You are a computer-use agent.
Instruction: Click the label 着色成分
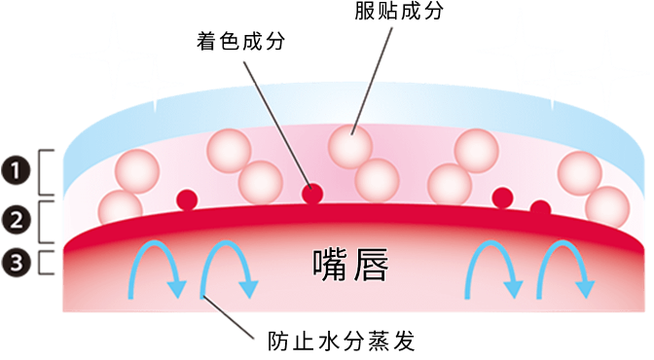(x=240, y=41)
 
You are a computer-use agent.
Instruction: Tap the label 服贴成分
(x=399, y=11)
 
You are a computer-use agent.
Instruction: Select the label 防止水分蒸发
(x=342, y=342)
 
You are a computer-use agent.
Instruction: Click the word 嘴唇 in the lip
(x=350, y=265)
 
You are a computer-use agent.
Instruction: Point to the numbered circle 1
(x=16, y=171)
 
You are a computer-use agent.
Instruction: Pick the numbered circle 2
(x=16, y=220)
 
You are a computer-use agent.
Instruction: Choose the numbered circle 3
(x=16, y=263)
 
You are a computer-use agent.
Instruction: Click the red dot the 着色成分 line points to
(x=312, y=194)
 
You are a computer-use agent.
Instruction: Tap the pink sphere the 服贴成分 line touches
(x=350, y=147)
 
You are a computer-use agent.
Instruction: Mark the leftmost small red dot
(x=187, y=199)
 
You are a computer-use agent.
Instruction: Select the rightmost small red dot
(x=540, y=208)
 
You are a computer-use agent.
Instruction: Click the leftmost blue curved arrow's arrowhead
(x=177, y=290)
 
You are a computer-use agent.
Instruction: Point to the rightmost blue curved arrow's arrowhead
(x=585, y=290)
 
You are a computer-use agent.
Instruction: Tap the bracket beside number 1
(x=40, y=172)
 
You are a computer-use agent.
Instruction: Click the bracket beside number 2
(x=40, y=222)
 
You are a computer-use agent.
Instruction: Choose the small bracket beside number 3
(x=40, y=263)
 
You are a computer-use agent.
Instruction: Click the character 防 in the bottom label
(x=277, y=342)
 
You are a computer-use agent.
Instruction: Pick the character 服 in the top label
(x=365, y=11)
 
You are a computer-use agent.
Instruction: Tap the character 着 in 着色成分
(x=206, y=41)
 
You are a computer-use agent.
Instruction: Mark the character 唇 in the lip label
(x=371, y=265)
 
